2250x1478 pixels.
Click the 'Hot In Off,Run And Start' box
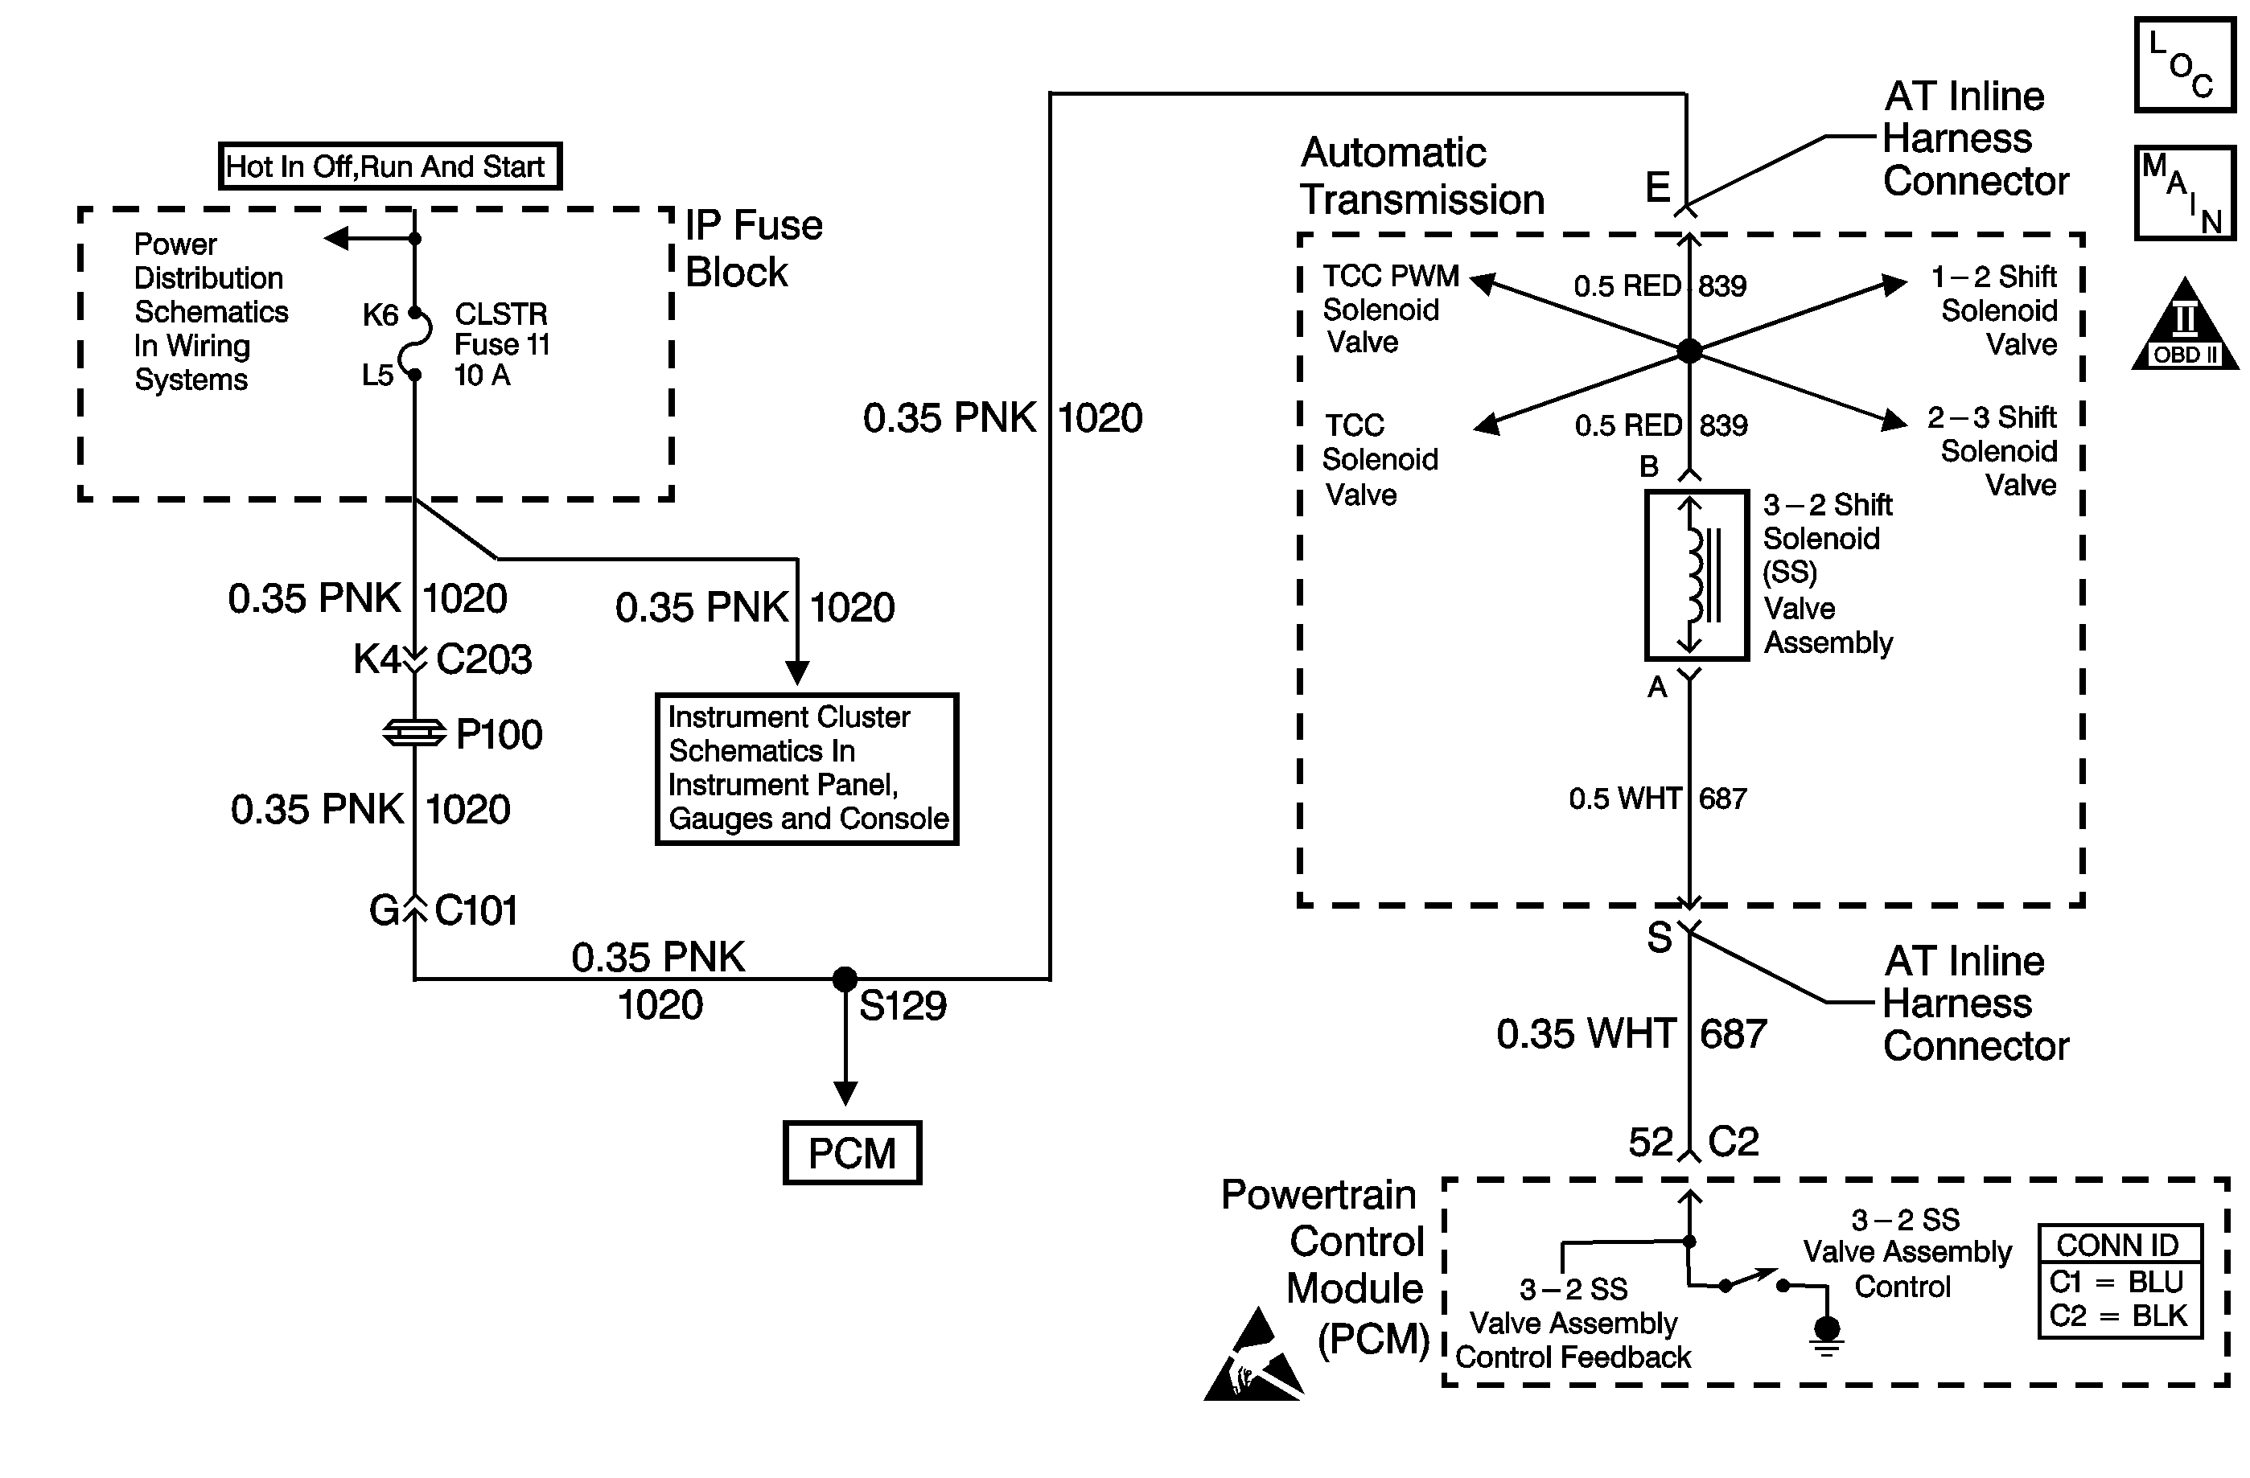(x=389, y=166)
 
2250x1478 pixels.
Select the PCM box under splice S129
(x=852, y=1153)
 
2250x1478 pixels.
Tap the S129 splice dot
(x=845, y=979)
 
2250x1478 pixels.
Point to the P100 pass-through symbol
(x=414, y=733)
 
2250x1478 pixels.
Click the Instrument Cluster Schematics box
(x=808, y=768)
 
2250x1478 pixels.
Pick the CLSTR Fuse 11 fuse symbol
(x=416, y=343)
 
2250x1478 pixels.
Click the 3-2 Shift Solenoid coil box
(x=1696, y=575)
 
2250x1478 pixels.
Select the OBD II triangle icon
(x=2184, y=326)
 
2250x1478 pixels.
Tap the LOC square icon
(x=2184, y=65)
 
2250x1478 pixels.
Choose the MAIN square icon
(x=2184, y=193)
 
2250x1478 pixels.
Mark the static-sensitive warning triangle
(x=1252, y=1357)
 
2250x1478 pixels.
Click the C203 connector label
(x=484, y=659)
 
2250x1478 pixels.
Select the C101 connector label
(x=475, y=911)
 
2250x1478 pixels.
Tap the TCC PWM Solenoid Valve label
(x=1388, y=309)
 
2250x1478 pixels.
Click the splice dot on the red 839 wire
(x=1689, y=351)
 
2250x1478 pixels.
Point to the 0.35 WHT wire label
(x=1586, y=1034)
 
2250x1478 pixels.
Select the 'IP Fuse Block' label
(x=754, y=248)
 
